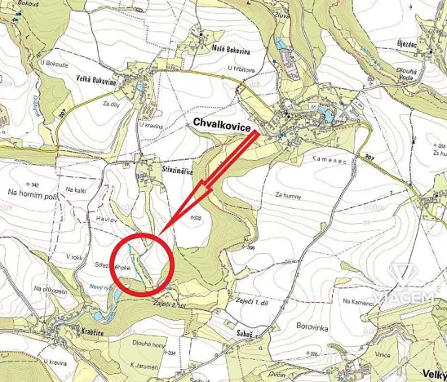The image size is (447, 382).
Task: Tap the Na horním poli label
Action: pyautogui.click(x=29, y=193)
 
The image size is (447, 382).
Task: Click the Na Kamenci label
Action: pyautogui.click(x=358, y=302)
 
